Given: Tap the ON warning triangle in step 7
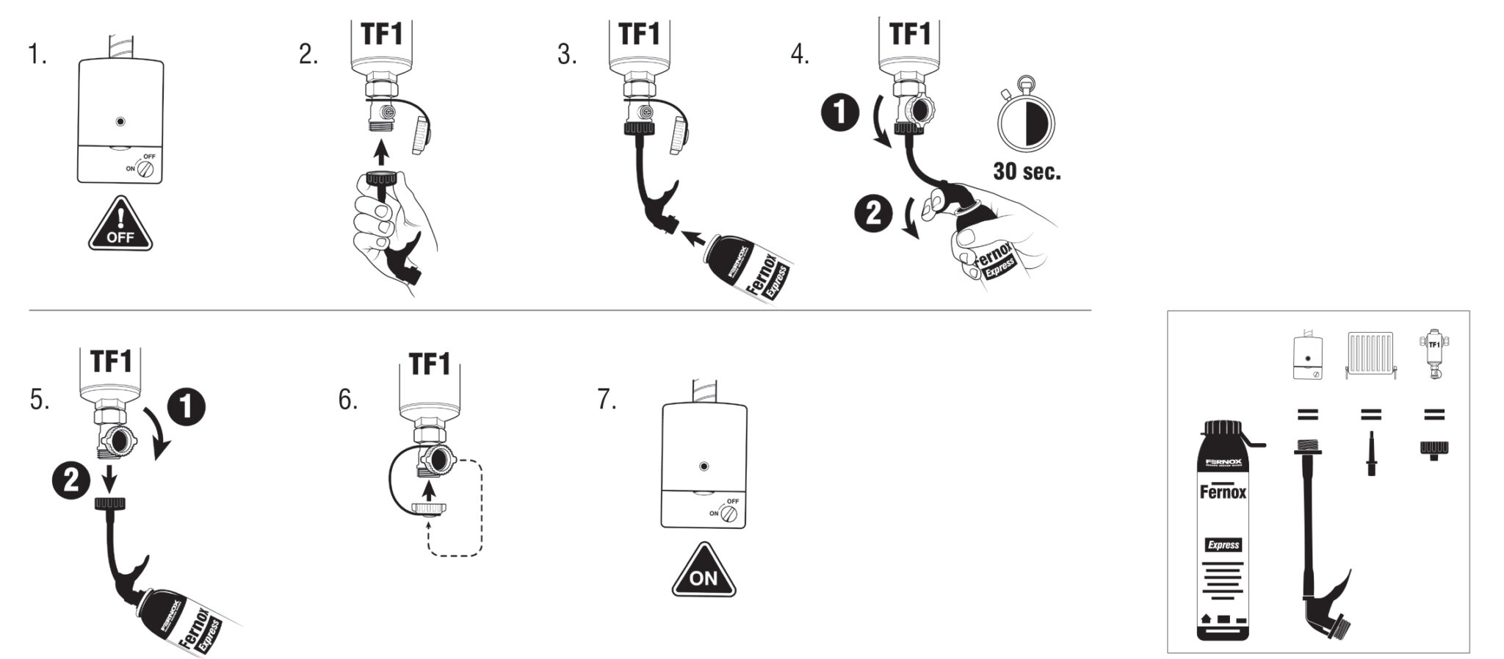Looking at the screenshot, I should click(704, 572).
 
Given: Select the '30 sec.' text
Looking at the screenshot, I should click(1027, 172).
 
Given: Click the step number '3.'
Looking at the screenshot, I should click(567, 54).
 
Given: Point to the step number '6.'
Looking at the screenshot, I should click(348, 400).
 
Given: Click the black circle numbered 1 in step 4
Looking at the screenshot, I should click(839, 115).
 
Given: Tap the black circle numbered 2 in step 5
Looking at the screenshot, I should click(71, 481).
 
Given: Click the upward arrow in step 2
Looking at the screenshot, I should click(380, 152).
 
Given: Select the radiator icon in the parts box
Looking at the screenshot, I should click(1370, 356).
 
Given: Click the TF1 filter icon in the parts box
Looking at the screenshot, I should click(1433, 354).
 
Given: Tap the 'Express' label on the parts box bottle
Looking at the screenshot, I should click(1223, 544).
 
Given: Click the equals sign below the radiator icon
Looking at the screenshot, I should click(1370, 415).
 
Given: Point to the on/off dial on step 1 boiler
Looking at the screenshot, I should click(148, 169).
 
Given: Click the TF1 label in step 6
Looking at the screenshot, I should click(429, 364).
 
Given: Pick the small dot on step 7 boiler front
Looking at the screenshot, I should click(704, 467).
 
